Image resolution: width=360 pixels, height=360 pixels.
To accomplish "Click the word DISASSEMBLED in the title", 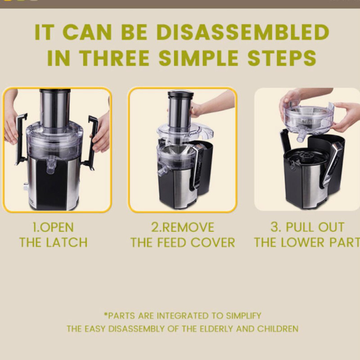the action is (243, 32).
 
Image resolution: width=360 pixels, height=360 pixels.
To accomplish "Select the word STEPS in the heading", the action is (282, 58).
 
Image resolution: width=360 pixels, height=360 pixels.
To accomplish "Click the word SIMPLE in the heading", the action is (198, 58).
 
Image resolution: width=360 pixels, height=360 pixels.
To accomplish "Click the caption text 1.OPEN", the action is (53, 227).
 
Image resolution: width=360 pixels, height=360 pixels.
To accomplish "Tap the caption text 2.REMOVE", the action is (183, 227).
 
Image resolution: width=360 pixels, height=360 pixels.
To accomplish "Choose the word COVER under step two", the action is (212, 243).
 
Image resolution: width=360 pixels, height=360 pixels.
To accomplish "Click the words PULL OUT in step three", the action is (315, 227).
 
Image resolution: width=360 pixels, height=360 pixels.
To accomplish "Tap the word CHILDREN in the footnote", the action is (278, 329).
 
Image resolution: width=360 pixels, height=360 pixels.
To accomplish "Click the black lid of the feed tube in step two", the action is (181, 94).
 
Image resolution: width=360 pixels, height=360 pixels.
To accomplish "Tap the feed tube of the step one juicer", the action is (55, 108).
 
